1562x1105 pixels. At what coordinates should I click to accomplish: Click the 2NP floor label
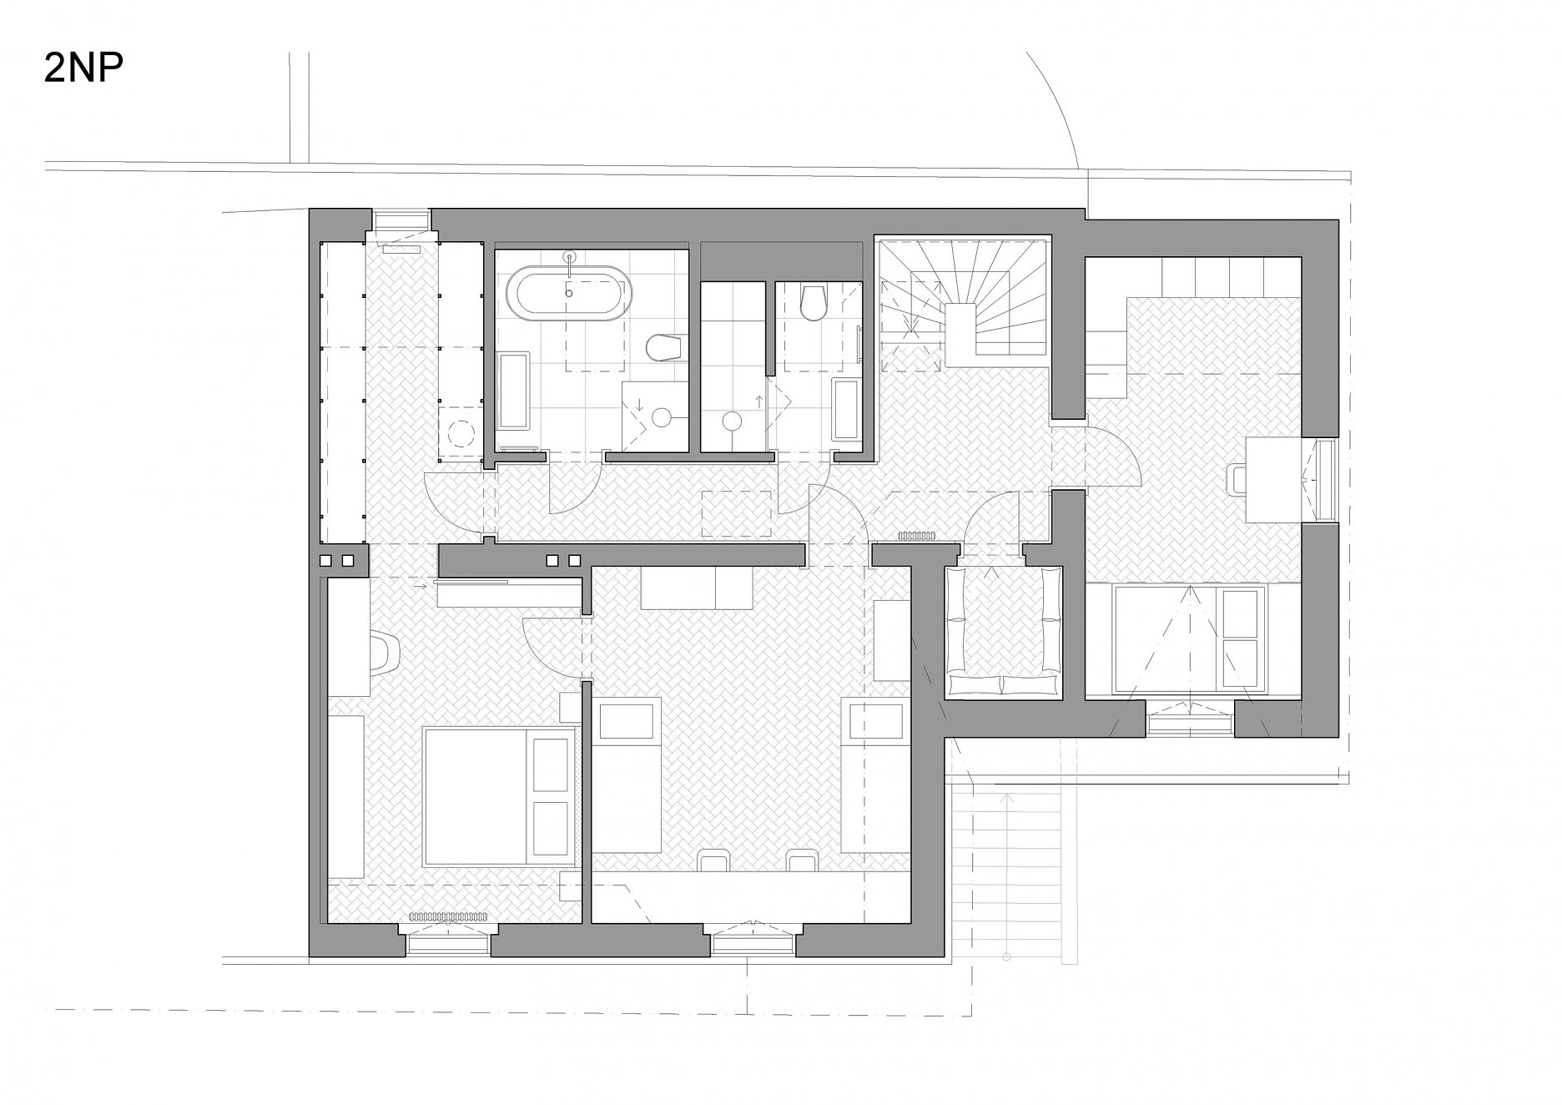click(83, 69)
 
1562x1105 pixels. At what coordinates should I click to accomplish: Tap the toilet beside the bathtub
click(666, 347)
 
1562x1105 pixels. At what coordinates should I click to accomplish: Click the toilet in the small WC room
click(812, 304)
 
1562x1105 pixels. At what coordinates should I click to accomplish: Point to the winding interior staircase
click(960, 305)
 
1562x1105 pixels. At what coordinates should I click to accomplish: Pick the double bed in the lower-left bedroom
click(499, 795)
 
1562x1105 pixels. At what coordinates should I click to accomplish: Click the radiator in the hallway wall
click(917, 537)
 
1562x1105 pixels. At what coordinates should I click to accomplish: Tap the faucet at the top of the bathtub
click(571, 262)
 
